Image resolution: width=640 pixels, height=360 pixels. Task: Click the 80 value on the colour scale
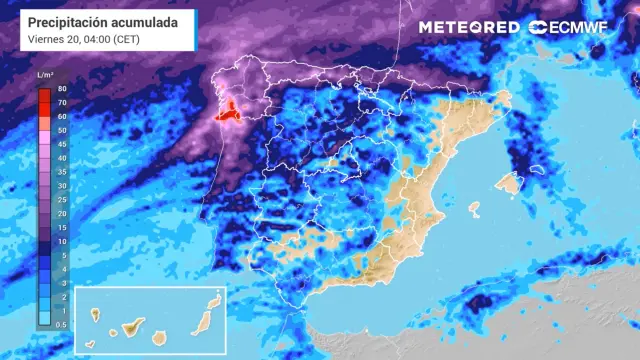62,89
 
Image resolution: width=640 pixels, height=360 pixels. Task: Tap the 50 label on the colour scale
62,130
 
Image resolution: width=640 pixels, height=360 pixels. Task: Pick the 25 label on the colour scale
62,199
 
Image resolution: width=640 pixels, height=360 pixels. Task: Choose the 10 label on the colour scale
62,241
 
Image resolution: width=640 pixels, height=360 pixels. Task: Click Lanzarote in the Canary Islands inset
214,301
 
